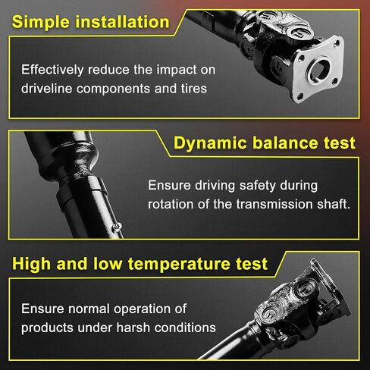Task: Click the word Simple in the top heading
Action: click(x=41, y=22)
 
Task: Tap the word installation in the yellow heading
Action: click(x=122, y=22)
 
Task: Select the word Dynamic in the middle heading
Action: click(x=210, y=143)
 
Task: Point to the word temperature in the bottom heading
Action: click(x=179, y=265)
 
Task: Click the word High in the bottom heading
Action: click(x=31, y=264)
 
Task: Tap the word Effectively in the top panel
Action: click(x=52, y=70)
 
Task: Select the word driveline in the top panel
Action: click(x=47, y=89)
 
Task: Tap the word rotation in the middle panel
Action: click(x=171, y=204)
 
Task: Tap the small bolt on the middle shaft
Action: click(x=117, y=227)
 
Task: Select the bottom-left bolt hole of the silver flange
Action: click(x=300, y=96)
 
